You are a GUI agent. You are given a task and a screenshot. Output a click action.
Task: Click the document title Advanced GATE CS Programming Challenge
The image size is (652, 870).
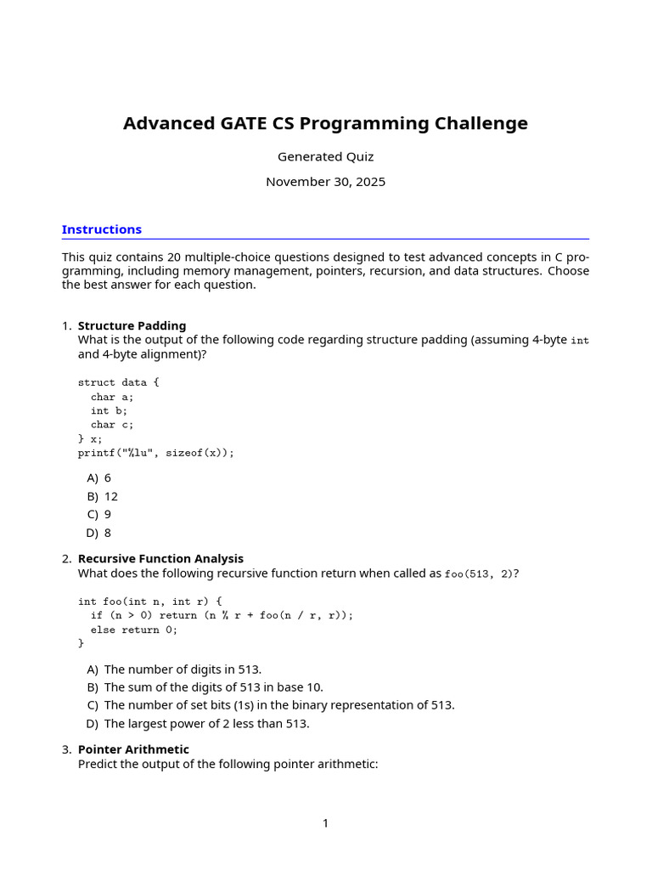click(325, 124)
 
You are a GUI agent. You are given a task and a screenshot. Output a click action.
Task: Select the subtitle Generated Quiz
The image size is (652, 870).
click(325, 157)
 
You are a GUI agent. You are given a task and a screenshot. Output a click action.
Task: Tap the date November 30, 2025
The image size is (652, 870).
click(325, 182)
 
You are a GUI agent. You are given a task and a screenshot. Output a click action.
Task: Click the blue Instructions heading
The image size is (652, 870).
click(102, 229)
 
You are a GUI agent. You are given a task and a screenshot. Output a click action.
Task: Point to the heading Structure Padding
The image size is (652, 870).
click(132, 325)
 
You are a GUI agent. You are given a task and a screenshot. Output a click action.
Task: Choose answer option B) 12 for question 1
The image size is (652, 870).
click(103, 496)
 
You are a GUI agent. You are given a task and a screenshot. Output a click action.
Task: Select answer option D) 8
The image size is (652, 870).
click(98, 533)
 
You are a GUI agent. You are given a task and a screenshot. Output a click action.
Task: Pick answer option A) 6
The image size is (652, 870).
click(99, 478)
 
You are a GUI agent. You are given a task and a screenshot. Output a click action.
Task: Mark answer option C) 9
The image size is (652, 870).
click(99, 514)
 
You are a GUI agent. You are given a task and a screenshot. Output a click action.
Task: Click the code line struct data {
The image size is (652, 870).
click(118, 382)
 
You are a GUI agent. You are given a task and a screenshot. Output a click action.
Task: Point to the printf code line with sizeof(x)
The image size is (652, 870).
click(155, 453)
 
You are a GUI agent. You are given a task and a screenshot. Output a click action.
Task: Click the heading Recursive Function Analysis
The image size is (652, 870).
click(160, 558)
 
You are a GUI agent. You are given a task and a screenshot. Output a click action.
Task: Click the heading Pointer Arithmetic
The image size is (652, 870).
click(133, 749)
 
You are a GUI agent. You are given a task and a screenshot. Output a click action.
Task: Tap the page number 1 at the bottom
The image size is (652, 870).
click(325, 823)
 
